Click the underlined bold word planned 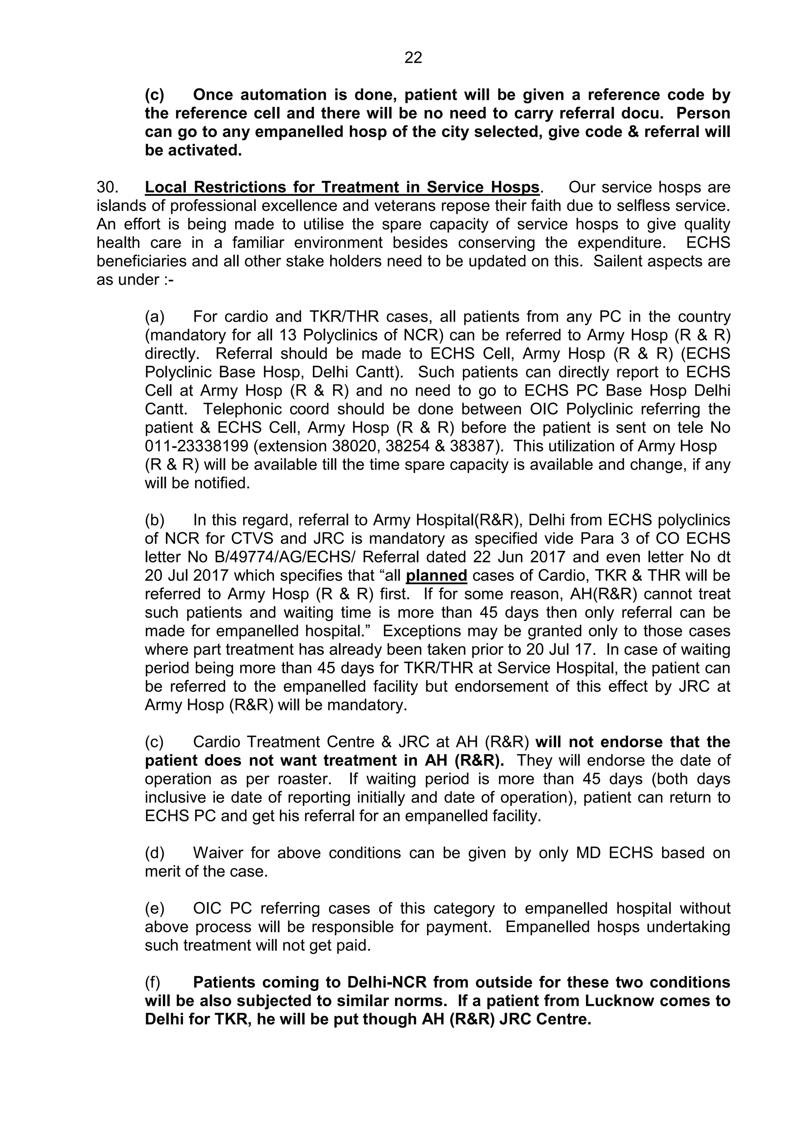click(436, 575)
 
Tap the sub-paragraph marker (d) click(154, 853)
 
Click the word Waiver click(217, 853)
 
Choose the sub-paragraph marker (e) click(154, 908)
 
